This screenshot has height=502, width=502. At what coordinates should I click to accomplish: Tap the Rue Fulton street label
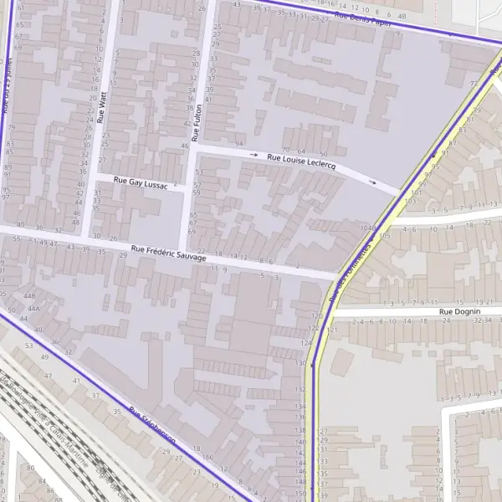pyautogui.click(x=197, y=121)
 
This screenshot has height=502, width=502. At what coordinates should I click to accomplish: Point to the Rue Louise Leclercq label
pyautogui.click(x=301, y=161)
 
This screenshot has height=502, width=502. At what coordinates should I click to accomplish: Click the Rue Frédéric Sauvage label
pyautogui.click(x=168, y=253)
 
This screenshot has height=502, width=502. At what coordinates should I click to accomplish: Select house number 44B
pyautogui.click(x=30, y=296)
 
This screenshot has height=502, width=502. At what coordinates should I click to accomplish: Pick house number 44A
pyautogui.click(x=34, y=309)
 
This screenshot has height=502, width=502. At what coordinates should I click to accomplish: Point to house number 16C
pyautogui.click(x=206, y=458)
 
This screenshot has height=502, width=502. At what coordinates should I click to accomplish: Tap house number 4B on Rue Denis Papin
pyautogui.click(x=402, y=16)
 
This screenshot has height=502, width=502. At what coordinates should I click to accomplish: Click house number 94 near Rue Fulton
pyautogui.click(x=240, y=144)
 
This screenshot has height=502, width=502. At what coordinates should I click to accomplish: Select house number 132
pyautogui.click(x=300, y=389)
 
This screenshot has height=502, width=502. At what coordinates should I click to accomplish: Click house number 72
pyautogui.click(x=474, y=85)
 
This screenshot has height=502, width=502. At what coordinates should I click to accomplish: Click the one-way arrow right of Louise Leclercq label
pyautogui.click(x=372, y=182)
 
